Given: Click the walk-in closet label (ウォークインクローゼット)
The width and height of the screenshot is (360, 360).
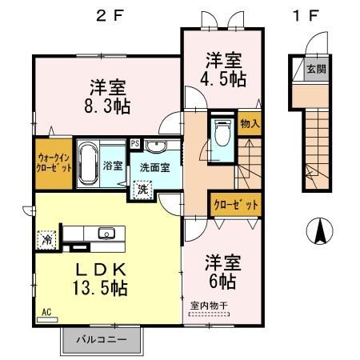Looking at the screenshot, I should (x=54, y=163).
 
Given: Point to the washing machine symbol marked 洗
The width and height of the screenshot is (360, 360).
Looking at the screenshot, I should (x=142, y=190).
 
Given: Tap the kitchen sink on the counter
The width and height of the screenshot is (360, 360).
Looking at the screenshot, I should (x=106, y=234).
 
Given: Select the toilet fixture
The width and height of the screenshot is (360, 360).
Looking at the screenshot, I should (x=221, y=132).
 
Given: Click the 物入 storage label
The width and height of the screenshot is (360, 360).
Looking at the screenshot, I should (x=249, y=125).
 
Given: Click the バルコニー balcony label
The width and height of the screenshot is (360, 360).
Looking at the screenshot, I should (x=101, y=339).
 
